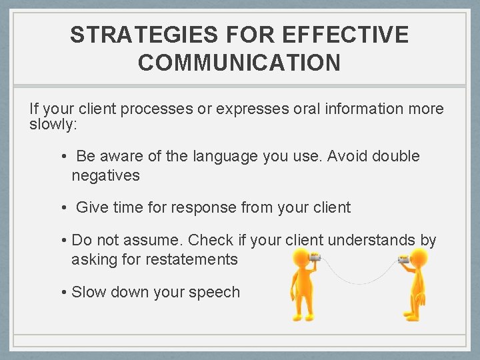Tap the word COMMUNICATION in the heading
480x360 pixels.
pyautogui.click(x=239, y=63)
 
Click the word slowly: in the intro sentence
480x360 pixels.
pyautogui.click(x=53, y=125)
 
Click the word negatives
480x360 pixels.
pyautogui.click(x=105, y=175)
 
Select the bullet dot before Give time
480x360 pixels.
pyautogui.click(x=62, y=208)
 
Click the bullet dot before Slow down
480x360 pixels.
pyautogui.click(x=62, y=292)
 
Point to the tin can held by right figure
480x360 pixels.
pyautogui.click(x=404, y=257)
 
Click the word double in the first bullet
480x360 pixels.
pyautogui.click(x=396, y=157)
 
